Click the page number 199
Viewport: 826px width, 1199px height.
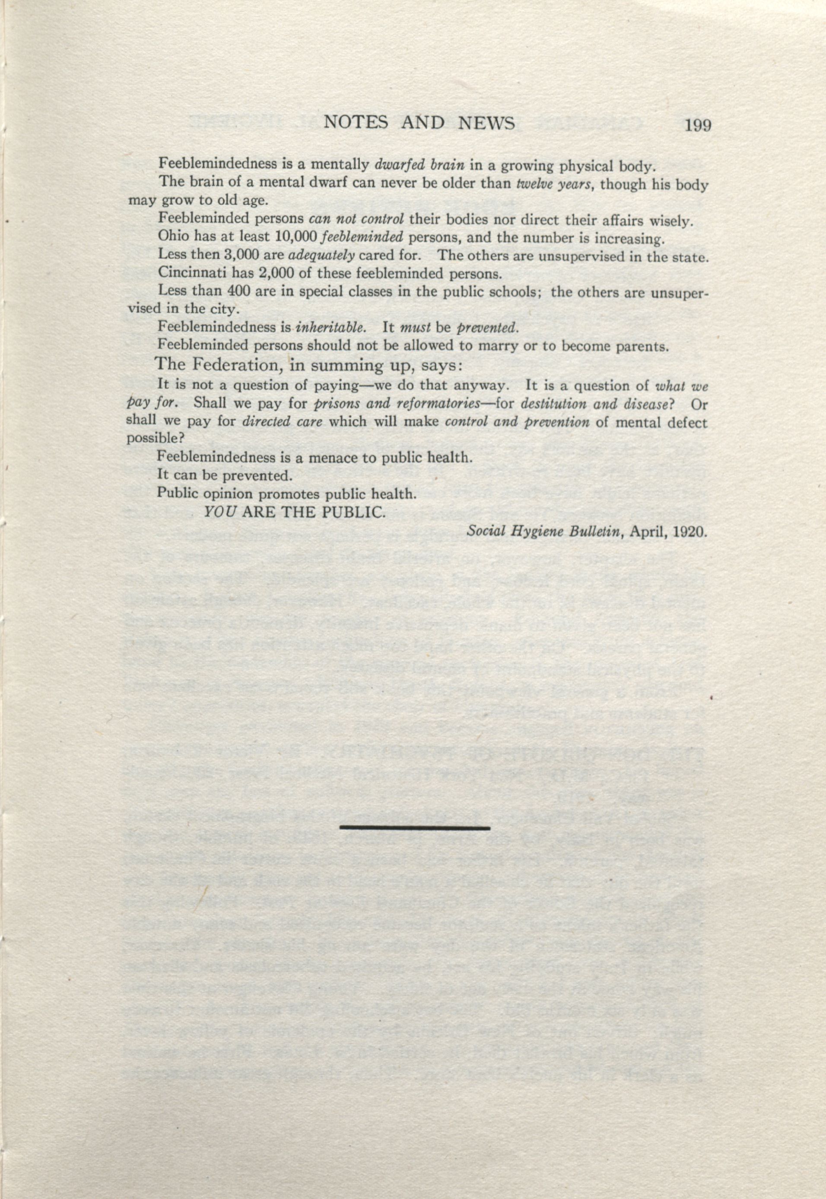coord(698,126)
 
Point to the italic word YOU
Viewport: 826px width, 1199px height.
coord(221,512)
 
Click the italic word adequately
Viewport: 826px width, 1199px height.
coord(321,255)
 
